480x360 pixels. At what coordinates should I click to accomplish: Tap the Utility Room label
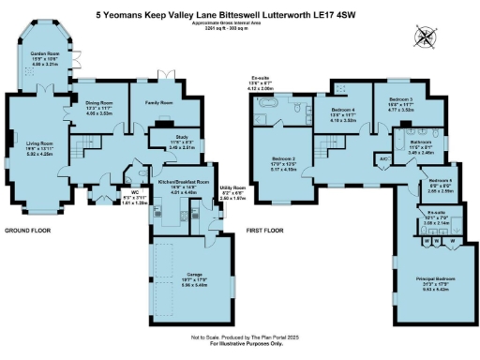(233, 189)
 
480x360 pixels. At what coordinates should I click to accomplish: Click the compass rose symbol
(427, 37)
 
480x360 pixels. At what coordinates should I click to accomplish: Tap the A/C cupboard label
(383, 159)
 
